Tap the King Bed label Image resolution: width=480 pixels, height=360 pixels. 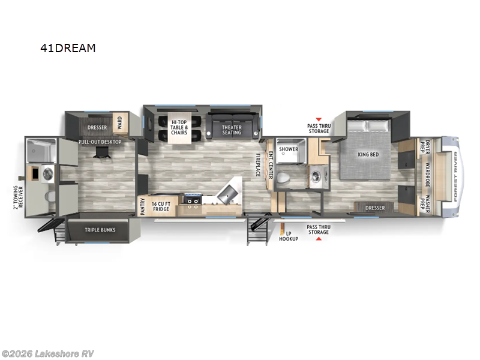click(368, 154)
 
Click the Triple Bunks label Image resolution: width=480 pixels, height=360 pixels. click(100, 230)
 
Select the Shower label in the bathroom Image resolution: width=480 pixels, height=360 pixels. click(288, 149)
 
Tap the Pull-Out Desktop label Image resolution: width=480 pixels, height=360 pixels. click(100, 142)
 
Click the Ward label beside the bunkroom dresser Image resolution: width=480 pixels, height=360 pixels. click(119, 122)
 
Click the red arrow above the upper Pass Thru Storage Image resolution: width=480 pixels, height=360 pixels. click(318, 119)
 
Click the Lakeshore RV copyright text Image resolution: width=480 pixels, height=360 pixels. click(48, 353)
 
